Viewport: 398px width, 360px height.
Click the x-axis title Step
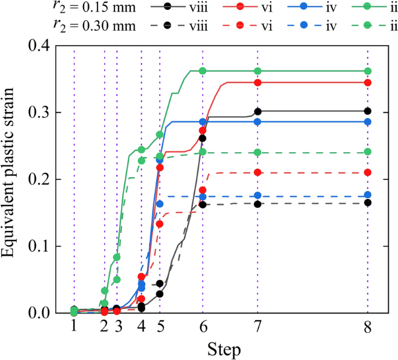tap(221, 350)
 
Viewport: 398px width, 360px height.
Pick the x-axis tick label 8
tap(367, 327)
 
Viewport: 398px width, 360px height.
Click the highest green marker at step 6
tap(203, 71)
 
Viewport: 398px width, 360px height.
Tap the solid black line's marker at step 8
tap(367, 111)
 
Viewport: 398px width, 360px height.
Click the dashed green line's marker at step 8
tap(367, 152)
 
